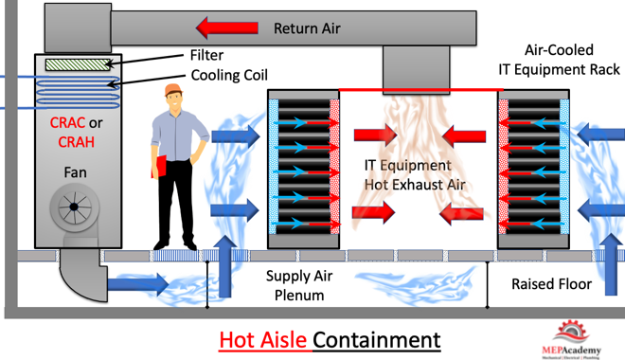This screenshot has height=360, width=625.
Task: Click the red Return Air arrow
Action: click(x=227, y=27)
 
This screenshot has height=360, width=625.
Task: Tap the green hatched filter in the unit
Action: click(x=78, y=65)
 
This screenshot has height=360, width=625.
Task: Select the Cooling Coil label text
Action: click(x=229, y=75)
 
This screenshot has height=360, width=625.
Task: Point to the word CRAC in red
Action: click(x=67, y=123)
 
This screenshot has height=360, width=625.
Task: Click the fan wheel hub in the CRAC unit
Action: click(x=74, y=207)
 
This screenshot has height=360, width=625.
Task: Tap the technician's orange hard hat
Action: click(x=173, y=90)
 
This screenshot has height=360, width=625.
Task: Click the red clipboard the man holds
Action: click(x=159, y=167)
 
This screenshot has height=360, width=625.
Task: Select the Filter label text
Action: click(x=206, y=55)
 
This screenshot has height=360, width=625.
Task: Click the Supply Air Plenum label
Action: click(x=299, y=285)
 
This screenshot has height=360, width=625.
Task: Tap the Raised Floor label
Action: click(x=552, y=284)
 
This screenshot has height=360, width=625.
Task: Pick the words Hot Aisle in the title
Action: click(x=262, y=340)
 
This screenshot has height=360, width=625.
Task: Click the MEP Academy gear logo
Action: click(x=571, y=333)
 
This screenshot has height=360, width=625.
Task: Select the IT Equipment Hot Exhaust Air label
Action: click(x=415, y=175)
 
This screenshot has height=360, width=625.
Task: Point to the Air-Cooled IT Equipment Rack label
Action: click(x=559, y=60)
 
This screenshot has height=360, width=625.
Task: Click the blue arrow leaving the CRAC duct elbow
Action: click(x=138, y=284)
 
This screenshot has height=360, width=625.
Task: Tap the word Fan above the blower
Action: click(x=76, y=172)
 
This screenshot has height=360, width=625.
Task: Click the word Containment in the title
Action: click(x=377, y=340)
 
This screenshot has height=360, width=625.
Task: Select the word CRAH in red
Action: click(x=76, y=142)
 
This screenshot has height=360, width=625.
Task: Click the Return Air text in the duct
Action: click(x=307, y=28)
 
